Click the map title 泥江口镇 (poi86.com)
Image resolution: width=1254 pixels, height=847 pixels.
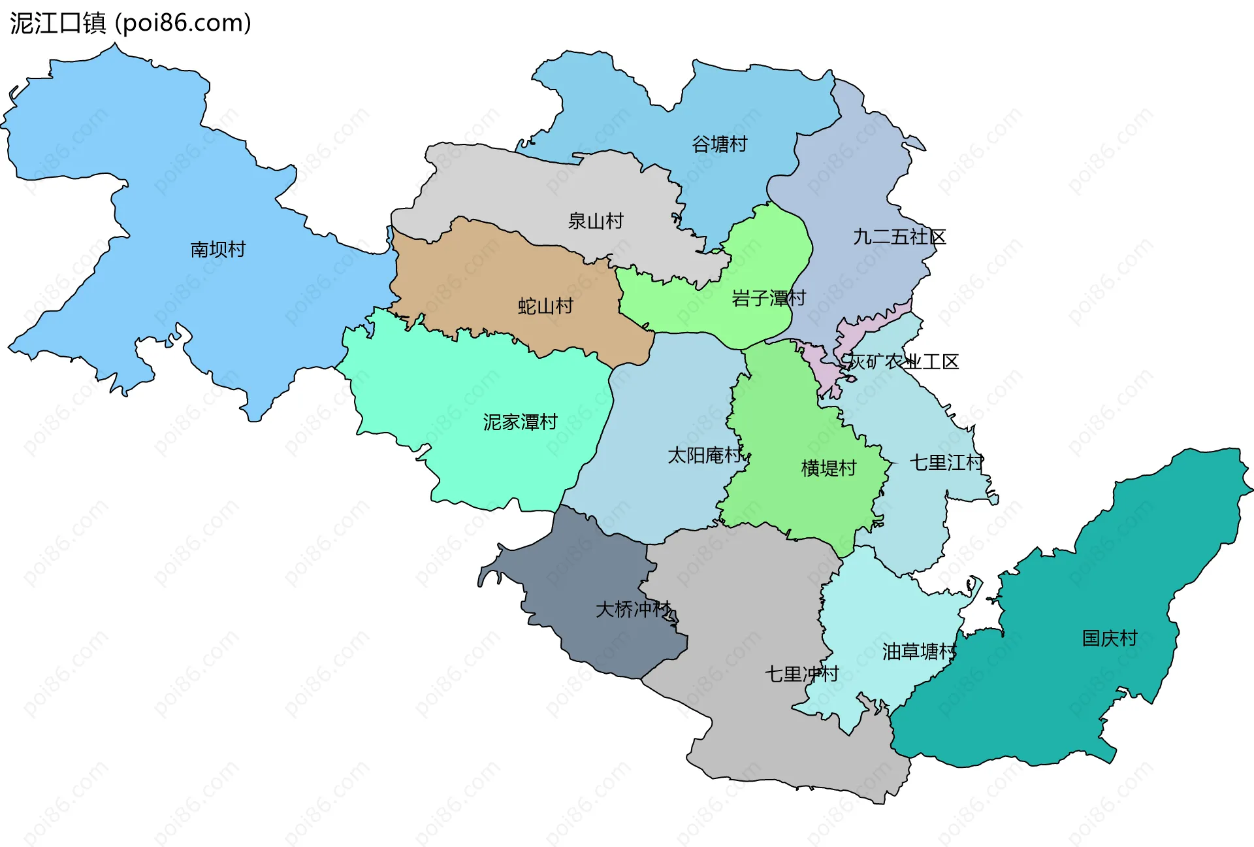click(x=131, y=24)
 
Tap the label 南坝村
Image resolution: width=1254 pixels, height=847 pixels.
click(x=217, y=249)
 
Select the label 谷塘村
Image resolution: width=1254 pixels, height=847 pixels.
click(x=719, y=144)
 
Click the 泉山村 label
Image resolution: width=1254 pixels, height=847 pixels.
click(x=595, y=221)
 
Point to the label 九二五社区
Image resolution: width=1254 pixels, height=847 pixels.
click(x=899, y=237)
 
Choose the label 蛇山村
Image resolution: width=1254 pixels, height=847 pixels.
click(x=545, y=306)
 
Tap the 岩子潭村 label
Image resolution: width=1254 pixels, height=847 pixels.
click(x=768, y=298)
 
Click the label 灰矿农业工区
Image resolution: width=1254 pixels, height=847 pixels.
click(x=903, y=361)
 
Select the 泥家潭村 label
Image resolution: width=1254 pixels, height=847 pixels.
click(x=520, y=422)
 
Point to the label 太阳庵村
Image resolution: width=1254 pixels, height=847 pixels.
click(x=704, y=455)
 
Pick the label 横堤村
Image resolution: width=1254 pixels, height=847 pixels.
click(x=828, y=468)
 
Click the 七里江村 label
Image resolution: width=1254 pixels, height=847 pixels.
click(x=946, y=463)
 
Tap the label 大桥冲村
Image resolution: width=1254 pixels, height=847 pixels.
click(x=633, y=609)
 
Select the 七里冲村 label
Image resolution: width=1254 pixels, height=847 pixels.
click(x=801, y=673)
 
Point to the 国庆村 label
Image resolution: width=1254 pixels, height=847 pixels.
click(x=1109, y=638)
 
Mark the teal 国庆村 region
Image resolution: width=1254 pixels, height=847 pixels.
click(x=1045, y=693)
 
